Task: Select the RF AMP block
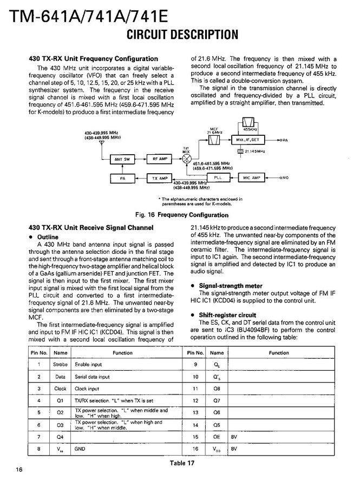(x=160, y=159)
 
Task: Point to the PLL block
(x=218, y=177)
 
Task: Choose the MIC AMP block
(x=252, y=177)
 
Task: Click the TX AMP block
(x=160, y=177)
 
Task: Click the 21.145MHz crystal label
(x=254, y=152)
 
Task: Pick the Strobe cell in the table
(x=61, y=365)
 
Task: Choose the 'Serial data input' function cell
(x=92, y=377)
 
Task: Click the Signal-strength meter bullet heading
(x=230, y=286)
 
